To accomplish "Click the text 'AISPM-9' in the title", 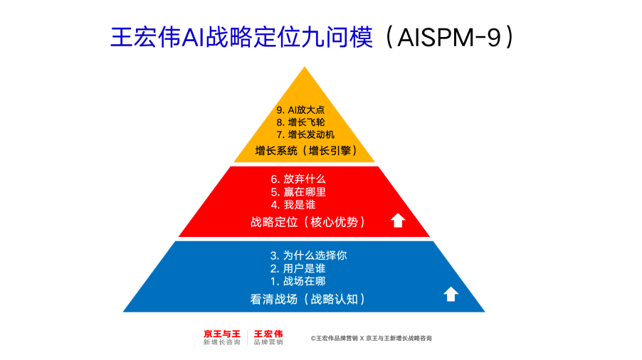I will (448, 37).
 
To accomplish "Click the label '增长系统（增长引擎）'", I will (306, 151).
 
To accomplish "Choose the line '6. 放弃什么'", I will (298, 179).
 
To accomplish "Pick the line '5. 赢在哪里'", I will (298, 191).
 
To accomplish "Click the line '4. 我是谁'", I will (293, 204).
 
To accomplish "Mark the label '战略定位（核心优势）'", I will (308, 222).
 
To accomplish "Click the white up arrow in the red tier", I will (398, 221).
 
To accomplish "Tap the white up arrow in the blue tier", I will (451, 294).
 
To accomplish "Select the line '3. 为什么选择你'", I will (308, 255).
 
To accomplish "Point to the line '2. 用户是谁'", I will (298, 268).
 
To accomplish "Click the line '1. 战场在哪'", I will (298, 281).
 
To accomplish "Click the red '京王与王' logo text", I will (221, 334).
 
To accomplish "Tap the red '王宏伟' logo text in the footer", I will (268, 334).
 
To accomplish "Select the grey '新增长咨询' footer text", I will (221, 343).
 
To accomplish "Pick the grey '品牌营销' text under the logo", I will (268, 343).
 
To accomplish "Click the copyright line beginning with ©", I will (371, 339).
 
